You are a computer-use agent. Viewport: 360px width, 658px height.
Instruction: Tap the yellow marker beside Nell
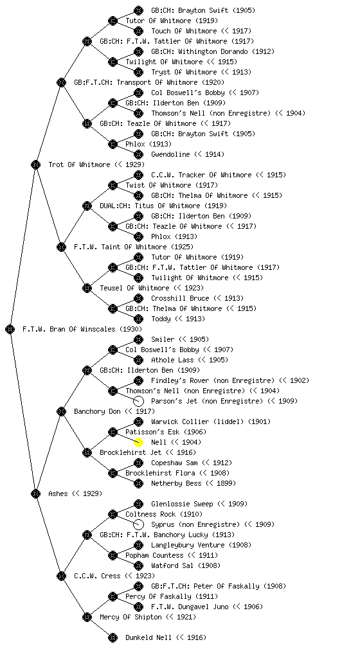138,442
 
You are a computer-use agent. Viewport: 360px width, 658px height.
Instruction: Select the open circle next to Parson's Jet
138,401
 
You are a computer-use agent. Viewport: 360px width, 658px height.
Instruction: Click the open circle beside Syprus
138,524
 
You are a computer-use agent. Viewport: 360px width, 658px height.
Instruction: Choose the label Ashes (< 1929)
75,493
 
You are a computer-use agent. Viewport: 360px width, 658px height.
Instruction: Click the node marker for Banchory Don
61,411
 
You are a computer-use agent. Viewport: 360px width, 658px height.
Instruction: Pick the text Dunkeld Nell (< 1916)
166,637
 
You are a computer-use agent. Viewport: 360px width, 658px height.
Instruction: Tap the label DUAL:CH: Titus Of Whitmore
163,206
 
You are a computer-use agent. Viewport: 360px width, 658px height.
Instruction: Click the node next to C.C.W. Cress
61,576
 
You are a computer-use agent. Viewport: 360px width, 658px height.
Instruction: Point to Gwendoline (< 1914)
188,154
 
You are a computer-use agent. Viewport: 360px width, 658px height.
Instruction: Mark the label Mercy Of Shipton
130,617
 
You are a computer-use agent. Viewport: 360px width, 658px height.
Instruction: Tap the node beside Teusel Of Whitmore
87,288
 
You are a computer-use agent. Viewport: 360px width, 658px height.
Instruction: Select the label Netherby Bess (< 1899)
194,483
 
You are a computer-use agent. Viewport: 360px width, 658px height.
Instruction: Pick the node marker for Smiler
138,339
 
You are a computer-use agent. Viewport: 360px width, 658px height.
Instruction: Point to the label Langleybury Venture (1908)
201,545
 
